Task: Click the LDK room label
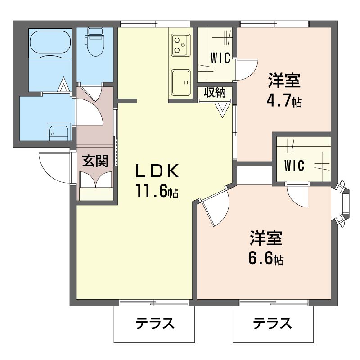pos(157,171)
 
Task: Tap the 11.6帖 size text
pos(157,191)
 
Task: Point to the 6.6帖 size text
pos(266,258)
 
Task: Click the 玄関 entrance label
pos(95,161)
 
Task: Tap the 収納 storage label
pos(215,93)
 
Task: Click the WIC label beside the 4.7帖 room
pos(220,58)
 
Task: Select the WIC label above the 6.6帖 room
pos(294,165)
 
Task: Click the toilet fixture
pos(94,43)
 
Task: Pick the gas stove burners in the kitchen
pos(181,45)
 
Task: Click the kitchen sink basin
pos(181,82)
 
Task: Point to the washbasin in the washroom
pos(58,132)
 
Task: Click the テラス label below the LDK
pos(155,323)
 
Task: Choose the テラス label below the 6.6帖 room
pos(272,323)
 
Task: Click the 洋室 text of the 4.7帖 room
pos(284,81)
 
